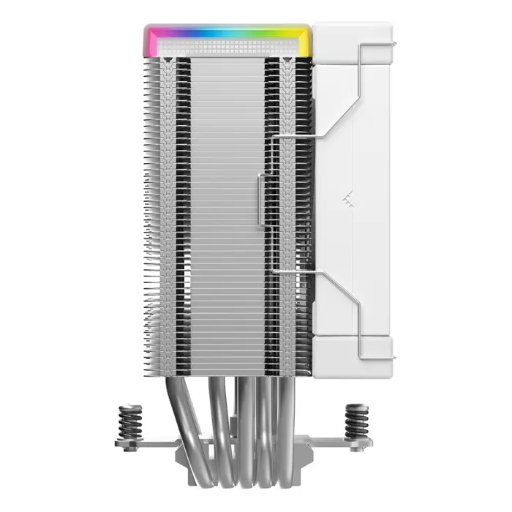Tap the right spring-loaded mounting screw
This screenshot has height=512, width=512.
click(359, 423)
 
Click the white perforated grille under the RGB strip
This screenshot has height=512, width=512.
click(228, 46)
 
